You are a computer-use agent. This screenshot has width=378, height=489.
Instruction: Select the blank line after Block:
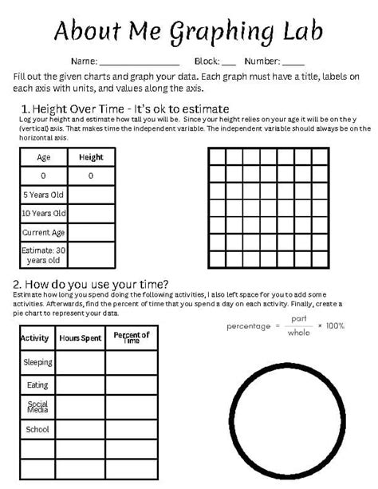coord(228,62)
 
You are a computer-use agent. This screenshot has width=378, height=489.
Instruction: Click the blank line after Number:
coord(293,62)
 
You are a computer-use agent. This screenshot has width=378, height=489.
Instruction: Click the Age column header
coord(43,157)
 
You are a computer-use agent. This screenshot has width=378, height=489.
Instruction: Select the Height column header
coord(91,157)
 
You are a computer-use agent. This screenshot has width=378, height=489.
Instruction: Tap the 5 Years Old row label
coord(43,195)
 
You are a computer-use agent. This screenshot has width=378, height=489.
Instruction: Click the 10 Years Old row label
coord(43,214)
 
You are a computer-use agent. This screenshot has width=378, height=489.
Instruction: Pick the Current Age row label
coord(43,233)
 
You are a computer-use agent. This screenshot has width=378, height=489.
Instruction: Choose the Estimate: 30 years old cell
coord(43,255)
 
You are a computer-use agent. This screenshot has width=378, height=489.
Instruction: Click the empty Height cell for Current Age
coord(91,233)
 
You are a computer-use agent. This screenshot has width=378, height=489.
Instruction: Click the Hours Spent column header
coord(81,338)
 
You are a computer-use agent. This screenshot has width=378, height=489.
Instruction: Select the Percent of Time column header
coord(132,338)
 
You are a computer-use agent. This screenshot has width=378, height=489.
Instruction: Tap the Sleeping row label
coord(37,362)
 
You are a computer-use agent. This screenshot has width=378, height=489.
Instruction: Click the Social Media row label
coord(37,407)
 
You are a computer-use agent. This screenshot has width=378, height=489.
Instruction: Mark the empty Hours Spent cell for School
coord(81,429)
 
